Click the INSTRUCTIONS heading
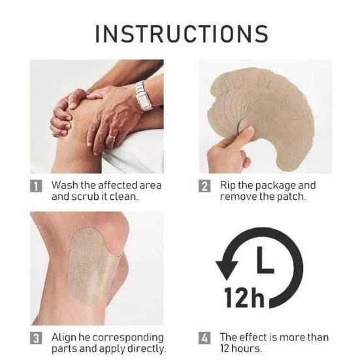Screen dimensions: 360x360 point(182,34)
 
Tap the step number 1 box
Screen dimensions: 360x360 point(36,186)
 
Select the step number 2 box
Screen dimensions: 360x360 point(205,186)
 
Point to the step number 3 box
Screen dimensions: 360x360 point(36,338)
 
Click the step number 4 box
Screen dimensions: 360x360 point(205,338)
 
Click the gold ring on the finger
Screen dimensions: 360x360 point(112,137)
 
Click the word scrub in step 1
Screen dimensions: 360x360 point(85,197)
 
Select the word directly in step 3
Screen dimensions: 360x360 point(146,350)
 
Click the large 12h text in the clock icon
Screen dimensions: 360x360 point(244,297)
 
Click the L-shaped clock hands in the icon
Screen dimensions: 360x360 point(265,260)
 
